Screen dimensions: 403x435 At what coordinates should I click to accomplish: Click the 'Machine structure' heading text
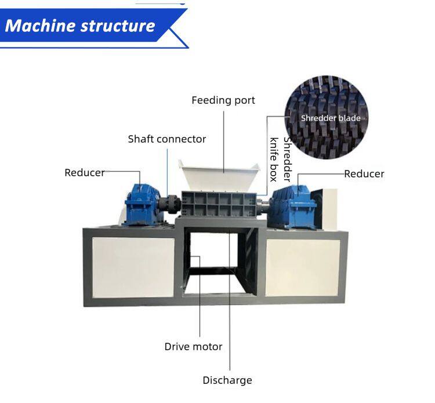click(x=80, y=26)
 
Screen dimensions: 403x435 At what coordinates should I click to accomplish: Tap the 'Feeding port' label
click(x=223, y=100)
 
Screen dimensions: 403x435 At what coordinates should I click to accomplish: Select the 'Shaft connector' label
click(x=167, y=139)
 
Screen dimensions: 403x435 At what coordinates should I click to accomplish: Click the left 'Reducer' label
click(x=85, y=172)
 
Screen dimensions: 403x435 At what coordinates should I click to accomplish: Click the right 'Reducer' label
click(x=364, y=173)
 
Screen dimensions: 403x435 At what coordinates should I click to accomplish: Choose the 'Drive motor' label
click(x=193, y=347)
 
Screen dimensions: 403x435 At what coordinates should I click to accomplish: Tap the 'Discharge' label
click(x=227, y=380)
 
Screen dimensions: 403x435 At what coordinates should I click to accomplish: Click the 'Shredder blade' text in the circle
click(x=331, y=118)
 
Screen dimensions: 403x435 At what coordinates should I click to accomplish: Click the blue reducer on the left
click(x=140, y=204)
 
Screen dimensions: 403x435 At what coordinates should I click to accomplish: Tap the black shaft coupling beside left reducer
click(x=170, y=204)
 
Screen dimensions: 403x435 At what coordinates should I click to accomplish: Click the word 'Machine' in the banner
click(x=40, y=26)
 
